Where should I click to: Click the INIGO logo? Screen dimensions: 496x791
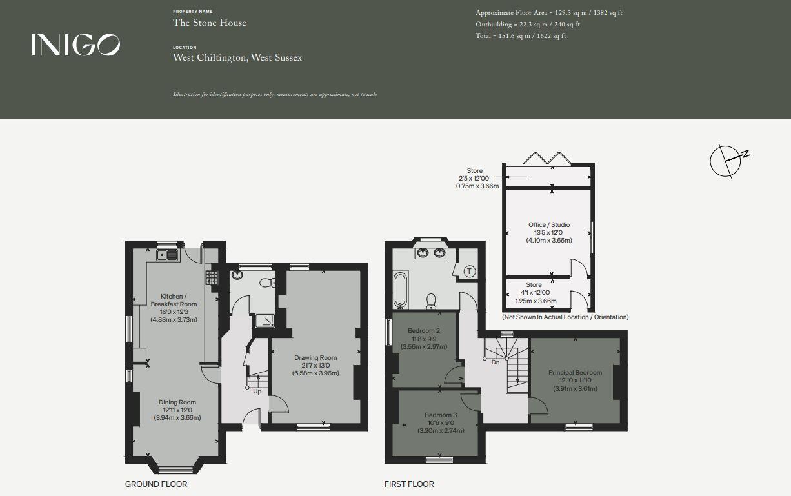pos(75,45)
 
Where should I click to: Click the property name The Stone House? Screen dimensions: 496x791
pos(209,23)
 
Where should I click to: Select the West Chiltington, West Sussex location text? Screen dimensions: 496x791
pos(237,57)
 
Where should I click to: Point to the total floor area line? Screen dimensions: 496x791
pos(521,36)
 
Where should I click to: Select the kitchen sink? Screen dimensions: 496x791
pos(167,255)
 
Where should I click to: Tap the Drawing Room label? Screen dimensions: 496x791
pos(315,358)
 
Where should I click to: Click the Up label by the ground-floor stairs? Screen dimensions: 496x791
pos(257,392)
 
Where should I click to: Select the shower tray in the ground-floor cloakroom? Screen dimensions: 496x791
pos(264,321)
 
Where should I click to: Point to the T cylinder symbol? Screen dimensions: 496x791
pos(470,272)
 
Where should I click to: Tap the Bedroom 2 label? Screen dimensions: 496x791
pos(424,331)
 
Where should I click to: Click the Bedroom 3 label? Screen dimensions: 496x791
pos(441,415)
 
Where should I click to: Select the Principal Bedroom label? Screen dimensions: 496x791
pos(575,372)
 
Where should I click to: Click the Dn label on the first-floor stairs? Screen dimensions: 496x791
pos(496,362)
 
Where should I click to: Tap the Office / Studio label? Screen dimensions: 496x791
pos(549,224)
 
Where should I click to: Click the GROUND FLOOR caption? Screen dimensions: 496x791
pos(156,484)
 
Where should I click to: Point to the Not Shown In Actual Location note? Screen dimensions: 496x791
pos(565,317)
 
